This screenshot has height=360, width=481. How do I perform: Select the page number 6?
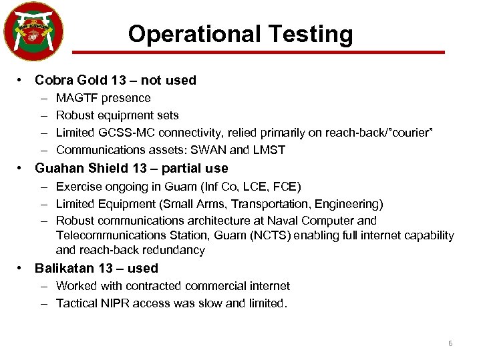coord(450,343)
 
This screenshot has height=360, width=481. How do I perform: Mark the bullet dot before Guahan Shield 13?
coord(22,169)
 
